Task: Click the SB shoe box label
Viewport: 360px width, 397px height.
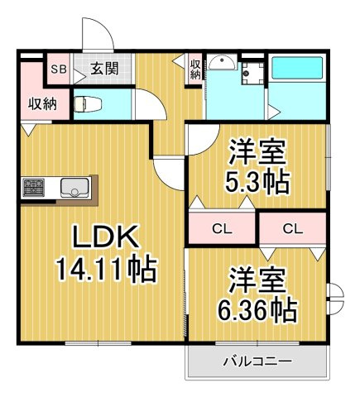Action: pos(59,69)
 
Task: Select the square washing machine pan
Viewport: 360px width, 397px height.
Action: pos(252,71)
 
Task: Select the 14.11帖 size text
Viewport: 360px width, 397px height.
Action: pos(105,269)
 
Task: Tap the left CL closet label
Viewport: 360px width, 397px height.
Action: pos(222,228)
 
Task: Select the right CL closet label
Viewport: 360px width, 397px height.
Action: pos(292,228)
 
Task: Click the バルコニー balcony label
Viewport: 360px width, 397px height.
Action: pos(257,361)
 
